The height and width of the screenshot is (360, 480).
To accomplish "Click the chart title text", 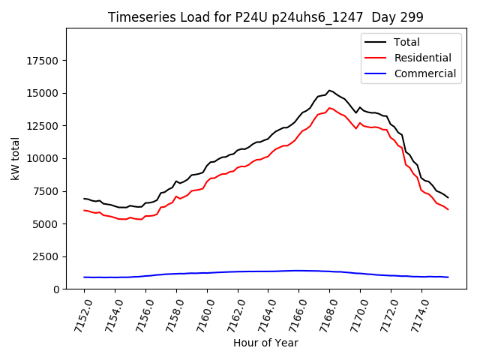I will pyautogui.click(x=265, y=17).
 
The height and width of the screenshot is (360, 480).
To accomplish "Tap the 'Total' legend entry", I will pyautogui.click(x=407, y=42).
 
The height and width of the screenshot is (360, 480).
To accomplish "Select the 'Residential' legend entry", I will pyautogui.click(x=422, y=58).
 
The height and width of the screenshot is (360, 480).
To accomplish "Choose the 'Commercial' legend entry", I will pyautogui.click(x=424, y=73).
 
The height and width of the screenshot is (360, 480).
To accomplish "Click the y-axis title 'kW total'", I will pyautogui.click(x=16, y=159).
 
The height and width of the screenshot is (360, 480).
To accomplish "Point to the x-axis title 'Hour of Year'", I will pyautogui.click(x=265, y=343).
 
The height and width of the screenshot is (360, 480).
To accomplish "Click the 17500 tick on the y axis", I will pyautogui.click(x=44, y=61).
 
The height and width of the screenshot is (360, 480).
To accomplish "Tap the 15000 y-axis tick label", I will pyautogui.click(x=44, y=93).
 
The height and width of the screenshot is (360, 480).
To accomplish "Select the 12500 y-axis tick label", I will pyautogui.click(x=44, y=126).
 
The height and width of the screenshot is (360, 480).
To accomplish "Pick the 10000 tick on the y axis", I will pyautogui.click(x=44, y=158).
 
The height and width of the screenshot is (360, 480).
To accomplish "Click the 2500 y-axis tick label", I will pyautogui.click(x=47, y=256).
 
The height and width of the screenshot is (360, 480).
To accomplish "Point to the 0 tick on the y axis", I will pyautogui.click(x=57, y=289).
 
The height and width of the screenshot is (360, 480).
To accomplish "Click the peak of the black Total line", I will pyautogui.click(x=329, y=90).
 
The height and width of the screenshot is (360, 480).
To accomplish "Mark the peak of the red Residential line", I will pyautogui.click(x=329, y=108).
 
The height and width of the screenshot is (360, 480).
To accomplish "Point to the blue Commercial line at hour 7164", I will pyautogui.click(x=268, y=271).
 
